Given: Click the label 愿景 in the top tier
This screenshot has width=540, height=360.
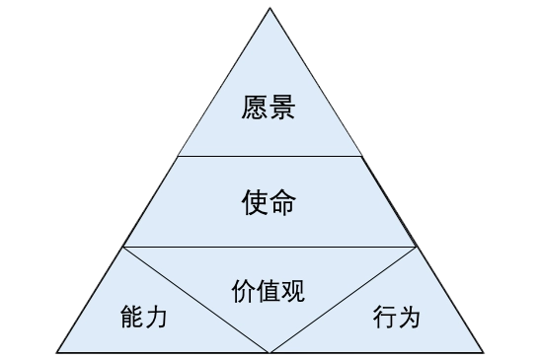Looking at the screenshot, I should click(x=269, y=106).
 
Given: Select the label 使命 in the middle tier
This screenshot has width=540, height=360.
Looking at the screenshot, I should click(x=269, y=202).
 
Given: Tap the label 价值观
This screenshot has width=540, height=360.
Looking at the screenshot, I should click(x=269, y=291).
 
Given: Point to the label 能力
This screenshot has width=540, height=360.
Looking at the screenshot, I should click(x=143, y=317).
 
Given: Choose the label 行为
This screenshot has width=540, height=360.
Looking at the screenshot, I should click(x=397, y=317).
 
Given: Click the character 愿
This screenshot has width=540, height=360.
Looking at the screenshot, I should click(x=255, y=106).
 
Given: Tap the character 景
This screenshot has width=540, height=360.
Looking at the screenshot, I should click(x=282, y=106).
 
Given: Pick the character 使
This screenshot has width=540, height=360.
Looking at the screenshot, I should click(x=255, y=202).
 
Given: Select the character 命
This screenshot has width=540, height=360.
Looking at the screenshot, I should click(x=282, y=202).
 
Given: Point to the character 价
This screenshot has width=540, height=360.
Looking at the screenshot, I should click(x=244, y=291).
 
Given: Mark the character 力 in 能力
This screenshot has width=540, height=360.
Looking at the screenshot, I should click(x=156, y=317).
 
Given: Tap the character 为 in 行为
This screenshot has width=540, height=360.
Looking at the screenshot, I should click(x=410, y=317).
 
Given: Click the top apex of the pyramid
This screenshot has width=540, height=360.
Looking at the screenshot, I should click(x=270, y=8).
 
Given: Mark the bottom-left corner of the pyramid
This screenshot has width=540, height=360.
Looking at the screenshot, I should click(x=56, y=350).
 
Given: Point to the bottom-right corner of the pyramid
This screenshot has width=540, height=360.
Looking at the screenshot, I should click(x=484, y=350).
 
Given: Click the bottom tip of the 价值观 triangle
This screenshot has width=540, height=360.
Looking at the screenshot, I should click(x=270, y=349).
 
